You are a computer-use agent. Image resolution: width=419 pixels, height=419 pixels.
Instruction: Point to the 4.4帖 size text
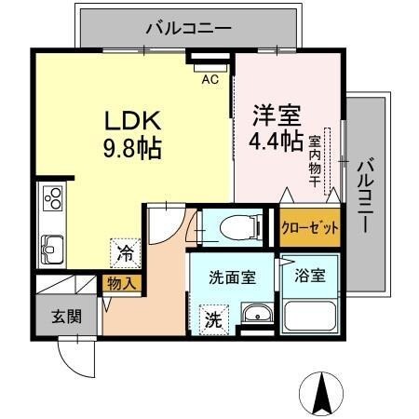click(x=276, y=142)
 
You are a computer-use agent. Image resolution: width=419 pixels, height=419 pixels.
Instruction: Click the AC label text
click(x=211, y=79)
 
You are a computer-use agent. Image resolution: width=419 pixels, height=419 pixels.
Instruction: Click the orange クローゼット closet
click(x=309, y=227)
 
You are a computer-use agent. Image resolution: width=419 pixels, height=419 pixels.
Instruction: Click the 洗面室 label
click(x=227, y=277)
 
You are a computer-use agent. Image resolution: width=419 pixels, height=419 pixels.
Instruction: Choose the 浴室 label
click(x=310, y=276)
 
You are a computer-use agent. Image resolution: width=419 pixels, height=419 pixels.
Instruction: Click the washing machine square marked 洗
click(x=213, y=319)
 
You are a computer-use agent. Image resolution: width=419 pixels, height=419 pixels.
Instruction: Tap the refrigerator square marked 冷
click(x=123, y=252)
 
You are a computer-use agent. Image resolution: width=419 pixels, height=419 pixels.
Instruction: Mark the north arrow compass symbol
click(x=323, y=393)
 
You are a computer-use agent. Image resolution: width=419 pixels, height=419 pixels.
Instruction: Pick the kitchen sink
click(x=51, y=249)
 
